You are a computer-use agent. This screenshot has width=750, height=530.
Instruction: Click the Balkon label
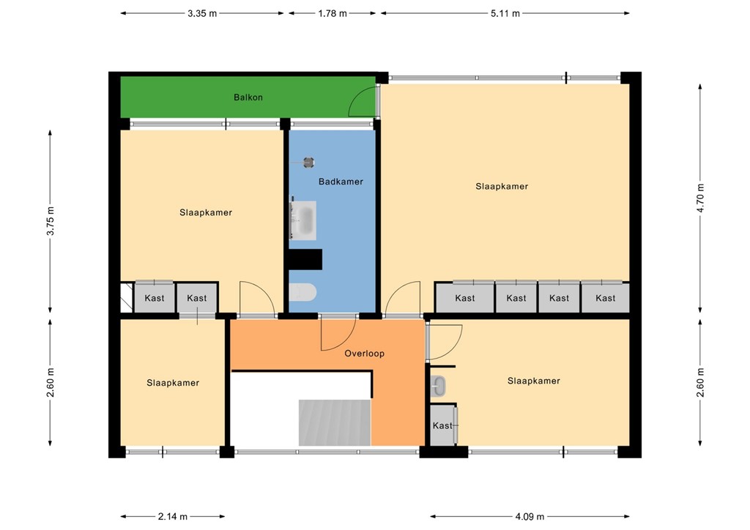point(248,97)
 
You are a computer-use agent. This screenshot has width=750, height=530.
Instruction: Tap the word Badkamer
point(340,182)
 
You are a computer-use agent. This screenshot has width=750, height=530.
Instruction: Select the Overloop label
point(364,354)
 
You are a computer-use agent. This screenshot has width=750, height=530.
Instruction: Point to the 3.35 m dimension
point(201,13)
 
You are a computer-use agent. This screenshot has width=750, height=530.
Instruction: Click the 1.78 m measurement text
point(332,13)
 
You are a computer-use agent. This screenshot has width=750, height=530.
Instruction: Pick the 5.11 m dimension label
point(505,13)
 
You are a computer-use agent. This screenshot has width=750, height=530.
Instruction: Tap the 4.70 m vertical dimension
point(701,197)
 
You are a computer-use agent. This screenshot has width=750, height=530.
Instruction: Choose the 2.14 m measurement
point(173,516)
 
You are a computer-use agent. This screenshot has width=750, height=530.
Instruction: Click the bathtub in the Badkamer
point(303,220)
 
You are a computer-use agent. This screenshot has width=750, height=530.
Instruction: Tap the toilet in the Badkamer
point(302,294)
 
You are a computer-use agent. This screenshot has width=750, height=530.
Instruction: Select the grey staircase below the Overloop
point(334,422)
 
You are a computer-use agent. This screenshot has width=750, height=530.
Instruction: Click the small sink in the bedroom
point(439,385)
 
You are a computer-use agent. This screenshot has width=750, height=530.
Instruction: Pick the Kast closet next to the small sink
point(442,425)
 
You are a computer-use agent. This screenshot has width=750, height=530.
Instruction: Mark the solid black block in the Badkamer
point(305,259)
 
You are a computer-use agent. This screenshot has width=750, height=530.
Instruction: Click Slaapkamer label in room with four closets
point(502,187)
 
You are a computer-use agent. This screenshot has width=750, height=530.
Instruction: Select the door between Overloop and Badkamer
point(338,331)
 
